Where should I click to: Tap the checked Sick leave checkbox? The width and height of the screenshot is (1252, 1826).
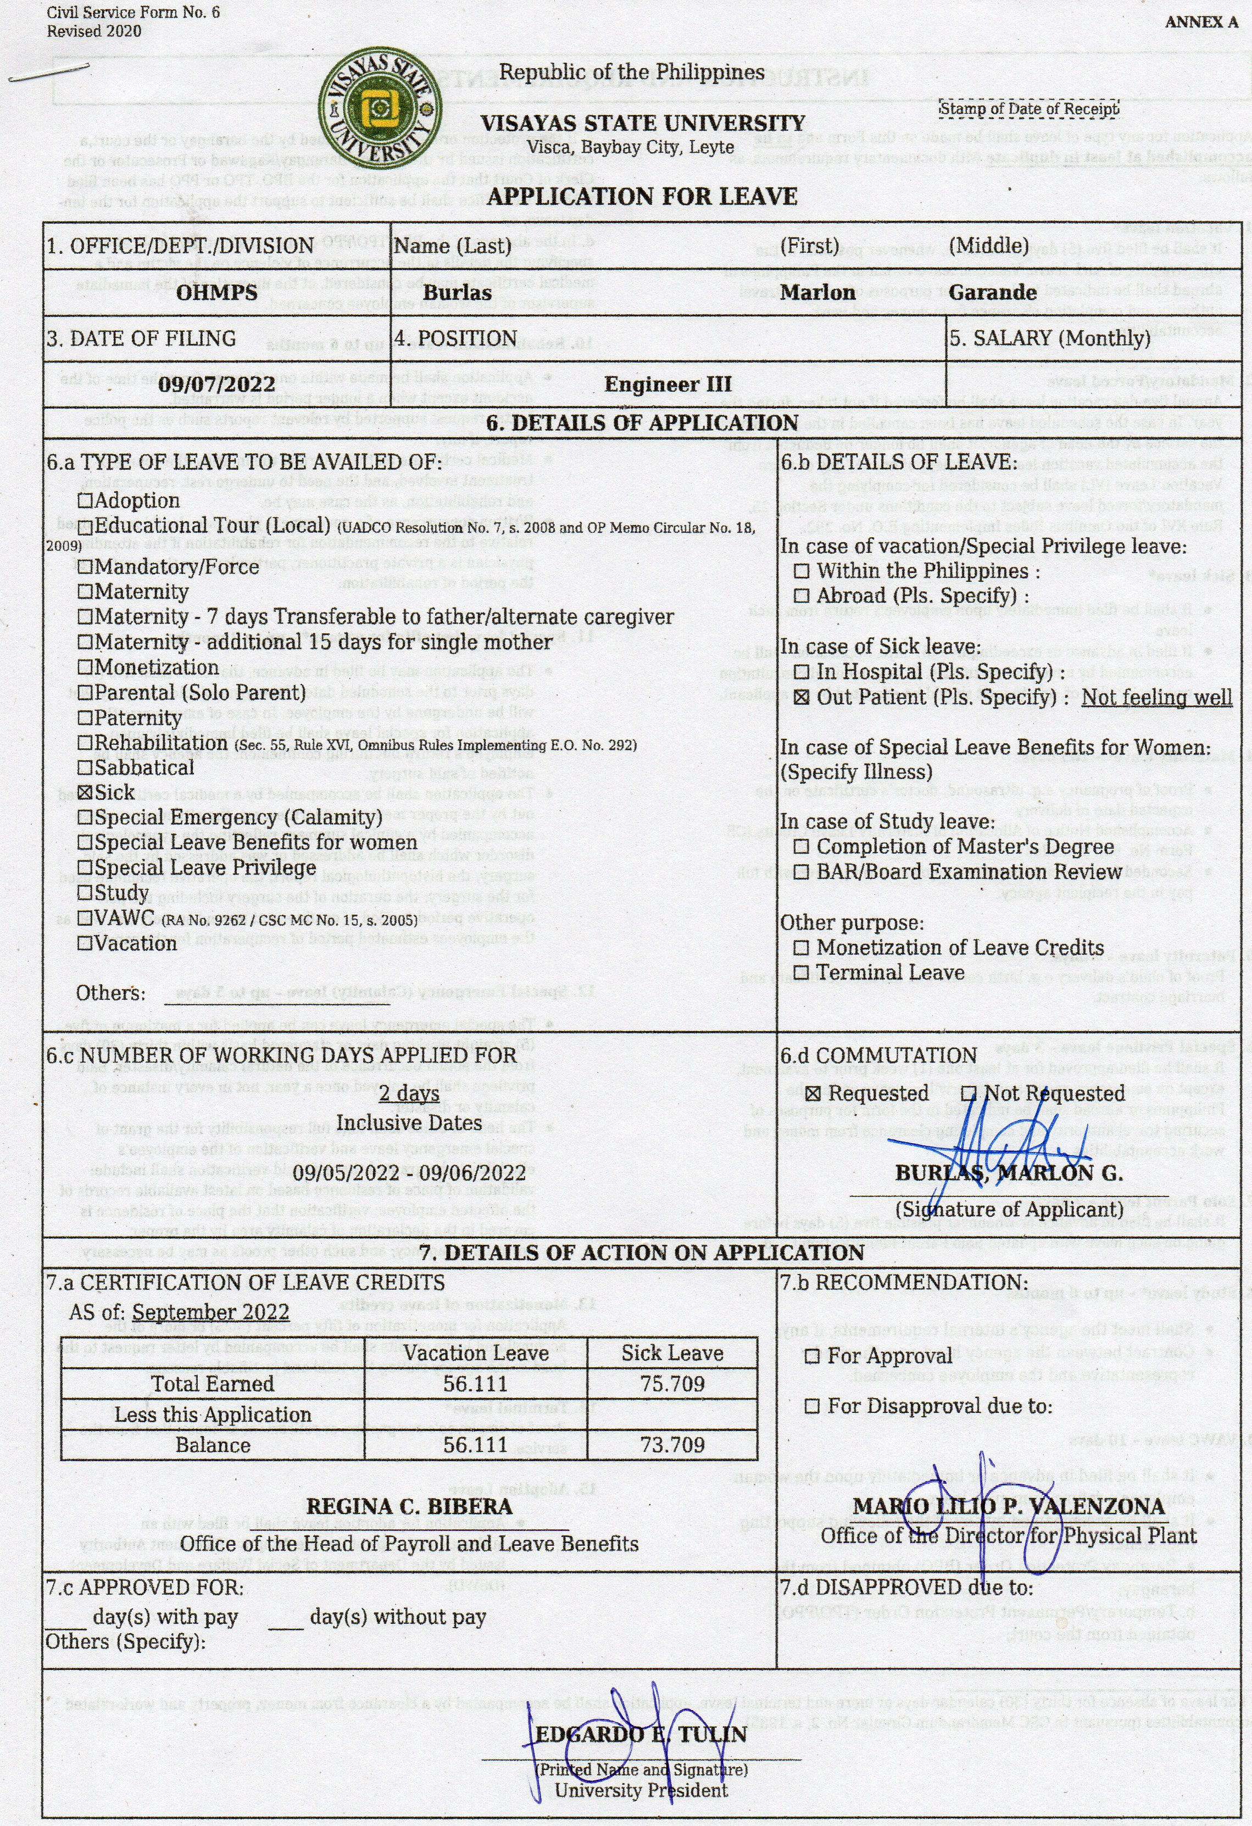click(86, 793)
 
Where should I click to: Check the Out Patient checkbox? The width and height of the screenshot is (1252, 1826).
click(801, 698)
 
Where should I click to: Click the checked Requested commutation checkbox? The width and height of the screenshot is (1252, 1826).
click(814, 1094)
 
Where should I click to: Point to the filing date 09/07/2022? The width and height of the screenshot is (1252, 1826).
click(217, 384)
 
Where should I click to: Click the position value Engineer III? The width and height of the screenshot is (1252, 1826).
click(667, 384)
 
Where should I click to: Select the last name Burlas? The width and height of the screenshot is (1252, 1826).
click(458, 292)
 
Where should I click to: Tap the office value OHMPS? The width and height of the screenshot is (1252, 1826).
click(217, 292)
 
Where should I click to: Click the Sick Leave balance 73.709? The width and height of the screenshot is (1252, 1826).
click(672, 1445)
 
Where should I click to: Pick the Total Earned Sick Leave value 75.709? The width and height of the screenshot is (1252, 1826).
click(672, 1384)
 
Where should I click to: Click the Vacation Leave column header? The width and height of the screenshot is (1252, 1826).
click(476, 1353)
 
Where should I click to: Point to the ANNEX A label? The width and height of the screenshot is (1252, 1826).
click(1201, 22)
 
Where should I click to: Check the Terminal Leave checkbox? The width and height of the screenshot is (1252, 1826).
click(801, 973)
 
